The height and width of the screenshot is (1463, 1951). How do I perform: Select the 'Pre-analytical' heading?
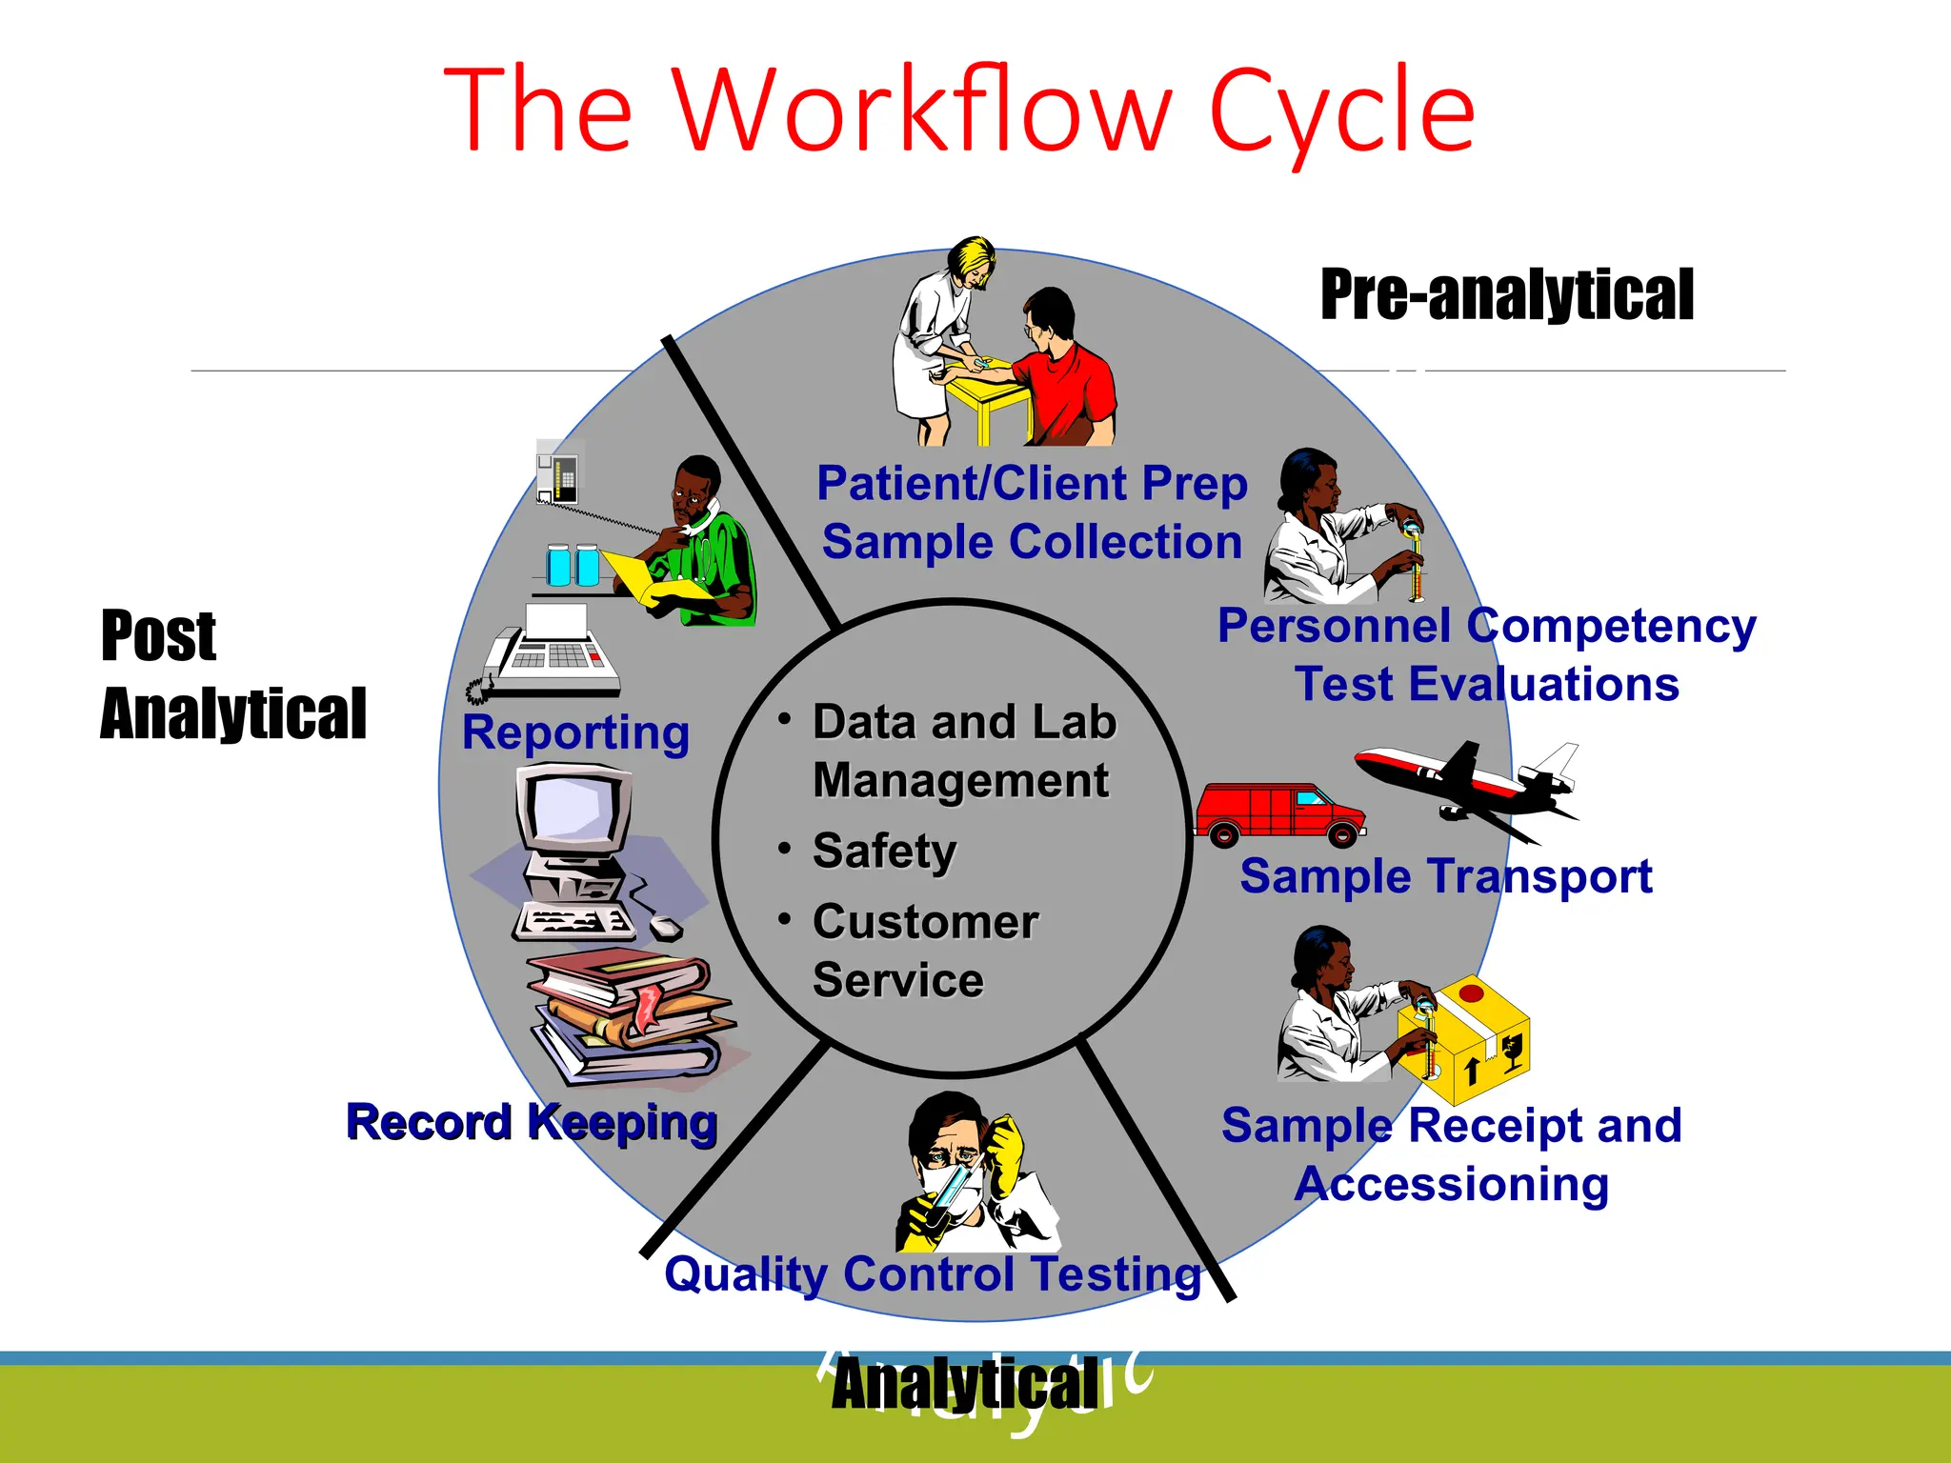(x=1506, y=294)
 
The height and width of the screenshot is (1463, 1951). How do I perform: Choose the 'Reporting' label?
(x=575, y=733)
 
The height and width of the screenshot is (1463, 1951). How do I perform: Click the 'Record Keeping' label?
(x=531, y=1122)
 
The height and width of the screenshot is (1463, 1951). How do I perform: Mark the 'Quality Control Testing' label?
(x=933, y=1274)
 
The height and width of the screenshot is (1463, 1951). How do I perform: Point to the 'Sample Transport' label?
(x=1445, y=876)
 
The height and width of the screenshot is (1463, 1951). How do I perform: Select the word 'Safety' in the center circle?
(x=884, y=851)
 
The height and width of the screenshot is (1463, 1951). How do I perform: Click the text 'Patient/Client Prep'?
(x=1032, y=484)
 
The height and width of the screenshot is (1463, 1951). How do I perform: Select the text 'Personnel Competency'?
(x=1486, y=627)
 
